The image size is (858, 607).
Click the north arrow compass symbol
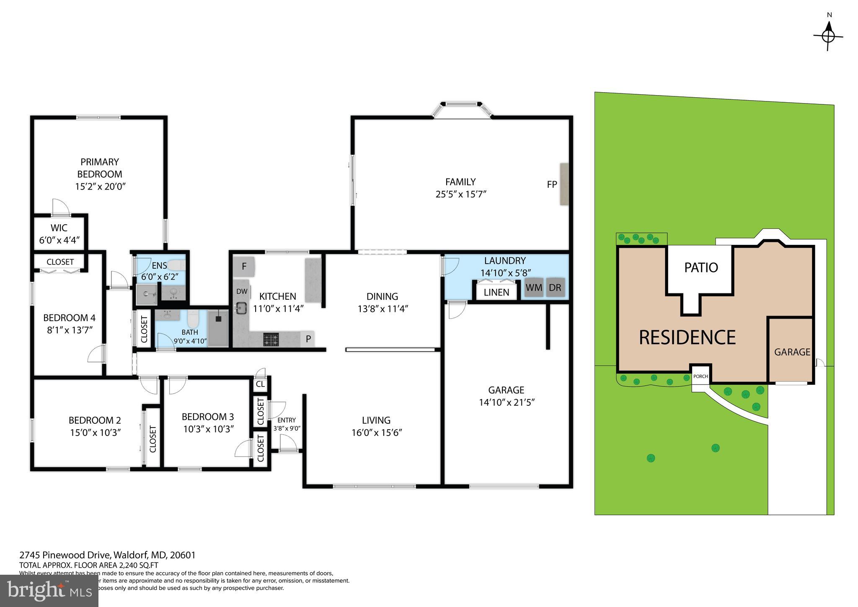click(x=828, y=36)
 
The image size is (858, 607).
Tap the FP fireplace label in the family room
click(x=552, y=184)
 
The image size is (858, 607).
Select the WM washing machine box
click(x=534, y=288)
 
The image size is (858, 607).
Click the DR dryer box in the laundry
click(x=555, y=288)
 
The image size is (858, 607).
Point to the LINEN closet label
click(x=496, y=292)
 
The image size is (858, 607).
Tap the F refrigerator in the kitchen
click(x=244, y=267)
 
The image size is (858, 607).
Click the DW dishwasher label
click(x=242, y=291)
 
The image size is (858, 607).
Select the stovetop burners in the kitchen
click(x=271, y=339)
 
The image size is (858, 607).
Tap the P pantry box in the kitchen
click(x=308, y=339)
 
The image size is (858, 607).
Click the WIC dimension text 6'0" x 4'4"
click(x=59, y=240)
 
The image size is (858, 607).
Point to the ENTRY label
click(x=287, y=420)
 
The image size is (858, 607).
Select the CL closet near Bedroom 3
click(x=260, y=384)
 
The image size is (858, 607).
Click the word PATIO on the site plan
click(x=701, y=267)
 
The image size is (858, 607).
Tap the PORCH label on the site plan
click(x=700, y=376)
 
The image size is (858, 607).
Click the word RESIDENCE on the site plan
click(x=687, y=337)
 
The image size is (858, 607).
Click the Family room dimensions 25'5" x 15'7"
click(x=460, y=194)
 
